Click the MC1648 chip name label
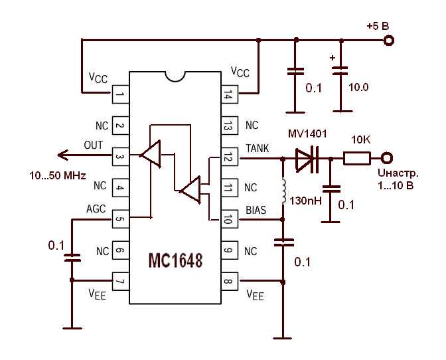(x=175, y=260)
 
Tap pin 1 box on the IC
(x=120, y=96)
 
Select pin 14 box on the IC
(x=229, y=96)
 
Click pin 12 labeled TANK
(x=229, y=157)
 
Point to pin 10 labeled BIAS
(x=229, y=219)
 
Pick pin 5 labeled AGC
(x=120, y=219)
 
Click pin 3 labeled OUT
(x=120, y=157)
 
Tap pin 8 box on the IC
(x=229, y=280)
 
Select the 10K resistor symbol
(x=357, y=158)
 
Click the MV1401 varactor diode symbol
(x=307, y=158)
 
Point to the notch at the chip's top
(x=175, y=74)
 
